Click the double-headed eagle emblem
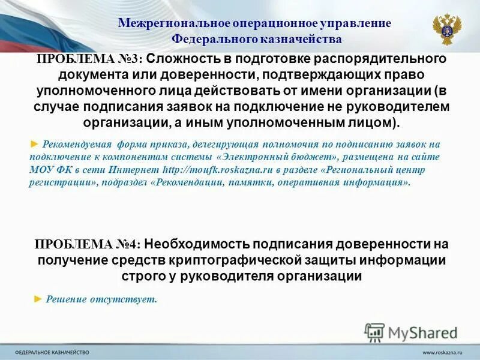point(447,29)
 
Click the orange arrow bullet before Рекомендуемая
point(34,144)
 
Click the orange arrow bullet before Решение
point(38,298)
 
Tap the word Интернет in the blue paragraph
point(139,169)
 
